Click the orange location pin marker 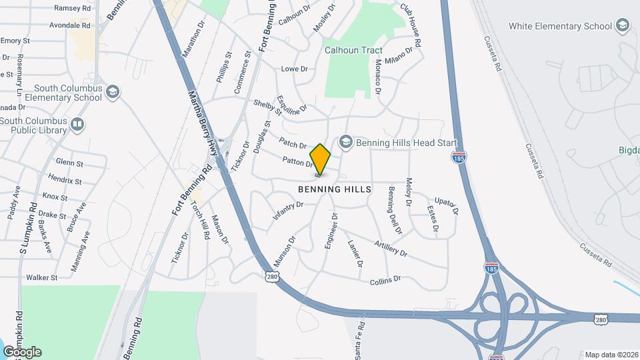click(x=321, y=159)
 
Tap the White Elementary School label click(x=560, y=26)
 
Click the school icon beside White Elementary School click(x=623, y=26)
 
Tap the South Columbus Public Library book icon click(x=77, y=124)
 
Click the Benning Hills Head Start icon click(x=345, y=141)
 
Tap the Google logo click(x=22, y=352)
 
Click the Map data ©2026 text click(x=611, y=355)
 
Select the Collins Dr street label click(x=385, y=280)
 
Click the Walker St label click(x=42, y=277)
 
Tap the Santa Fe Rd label click(x=361, y=336)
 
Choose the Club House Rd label click(x=411, y=26)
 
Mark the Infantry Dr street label click(x=288, y=211)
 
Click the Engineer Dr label click(x=331, y=231)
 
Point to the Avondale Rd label click(x=70, y=25)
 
